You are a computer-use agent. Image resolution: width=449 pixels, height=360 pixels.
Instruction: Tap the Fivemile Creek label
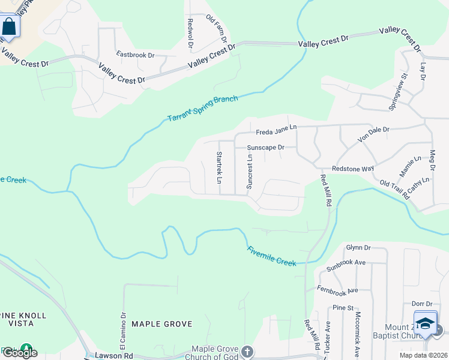[x=271, y=256]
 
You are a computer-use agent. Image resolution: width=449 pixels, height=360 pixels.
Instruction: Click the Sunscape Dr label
[x=265, y=147]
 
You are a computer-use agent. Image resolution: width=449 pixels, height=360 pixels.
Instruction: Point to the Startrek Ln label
[x=219, y=167]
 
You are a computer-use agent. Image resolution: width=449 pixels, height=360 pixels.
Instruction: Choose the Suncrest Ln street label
[x=250, y=170]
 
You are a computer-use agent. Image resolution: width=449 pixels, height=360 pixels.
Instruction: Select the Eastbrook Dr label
[x=135, y=55]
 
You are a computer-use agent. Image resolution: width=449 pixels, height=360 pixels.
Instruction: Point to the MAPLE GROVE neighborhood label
[x=162, y=324]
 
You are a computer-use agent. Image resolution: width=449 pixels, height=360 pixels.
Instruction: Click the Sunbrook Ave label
[x=346, y=266]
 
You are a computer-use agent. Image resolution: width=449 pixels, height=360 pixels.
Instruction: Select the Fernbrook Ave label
[x=337, y=290]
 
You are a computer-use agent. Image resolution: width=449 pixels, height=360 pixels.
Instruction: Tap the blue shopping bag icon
[x=9, y=27]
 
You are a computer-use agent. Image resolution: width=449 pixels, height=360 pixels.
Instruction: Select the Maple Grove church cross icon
[x=247, y=351]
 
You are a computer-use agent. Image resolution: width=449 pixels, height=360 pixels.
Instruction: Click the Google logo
[x=20, y=352]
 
